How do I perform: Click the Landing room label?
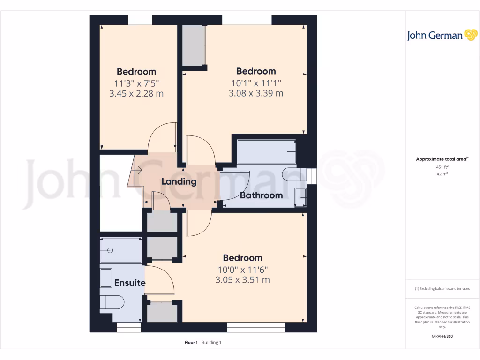click(179, 181)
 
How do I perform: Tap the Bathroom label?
click(261, 195)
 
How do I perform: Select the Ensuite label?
click(130, 283)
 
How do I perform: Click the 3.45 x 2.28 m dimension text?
click(136, 93)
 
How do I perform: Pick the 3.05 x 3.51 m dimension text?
click(242, 280)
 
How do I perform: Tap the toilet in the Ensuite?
click(112, 302)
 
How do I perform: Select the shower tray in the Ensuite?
click(120, 250)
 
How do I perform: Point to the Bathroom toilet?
click(292, 174)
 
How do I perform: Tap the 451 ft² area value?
click(442, 167)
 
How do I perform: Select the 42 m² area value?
click(442, 174)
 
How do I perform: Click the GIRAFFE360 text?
click(442, 336)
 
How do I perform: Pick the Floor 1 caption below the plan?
click(191, 343)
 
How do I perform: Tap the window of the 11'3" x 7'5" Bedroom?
click(140, 19)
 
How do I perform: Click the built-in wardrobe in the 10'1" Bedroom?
click(194, 46)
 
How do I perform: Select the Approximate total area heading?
click(442, 159)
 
